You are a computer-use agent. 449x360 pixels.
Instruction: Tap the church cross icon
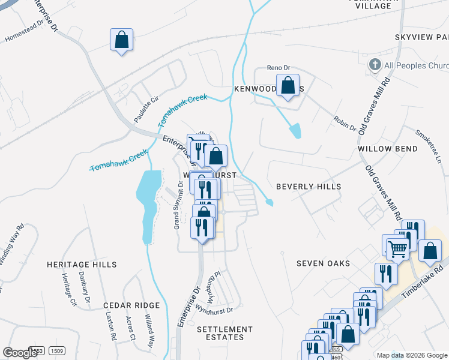pyautogui.click(x=375, y=64)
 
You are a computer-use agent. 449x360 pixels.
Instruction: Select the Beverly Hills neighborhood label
pyautogui.click(x=309, y=187)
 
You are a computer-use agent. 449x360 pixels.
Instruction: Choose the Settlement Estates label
pyautogui.click(x=225, y=333)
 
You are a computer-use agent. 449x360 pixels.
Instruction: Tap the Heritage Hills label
pyautogui.click(x=82, y=264)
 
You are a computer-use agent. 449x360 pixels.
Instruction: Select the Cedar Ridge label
pyautogui.click(x=131, y=305)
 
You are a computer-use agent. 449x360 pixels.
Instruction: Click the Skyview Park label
pyautogui.click(x=421, y=38)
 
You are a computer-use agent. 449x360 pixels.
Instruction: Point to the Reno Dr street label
pyautogui.click(x=279, y=68)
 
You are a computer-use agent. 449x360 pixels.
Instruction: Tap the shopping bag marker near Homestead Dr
pyautogui.click(x=122, y=40)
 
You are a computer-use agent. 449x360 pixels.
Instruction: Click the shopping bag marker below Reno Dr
pyautogui.click(x=288, y=85)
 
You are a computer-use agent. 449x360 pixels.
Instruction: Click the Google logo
pyautogui.click(x=20, y=353)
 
